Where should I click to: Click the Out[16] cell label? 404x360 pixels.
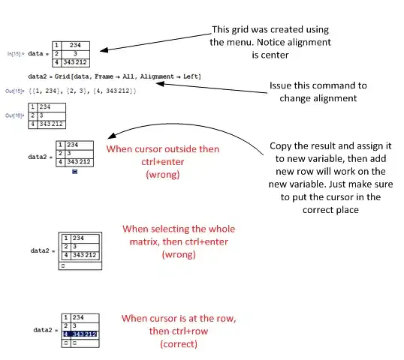pos(16,115)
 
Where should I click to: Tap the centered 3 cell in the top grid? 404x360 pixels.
pos(76,54)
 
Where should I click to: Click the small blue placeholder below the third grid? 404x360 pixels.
pos(76,172)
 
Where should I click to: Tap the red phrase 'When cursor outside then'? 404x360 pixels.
pos(163,148)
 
